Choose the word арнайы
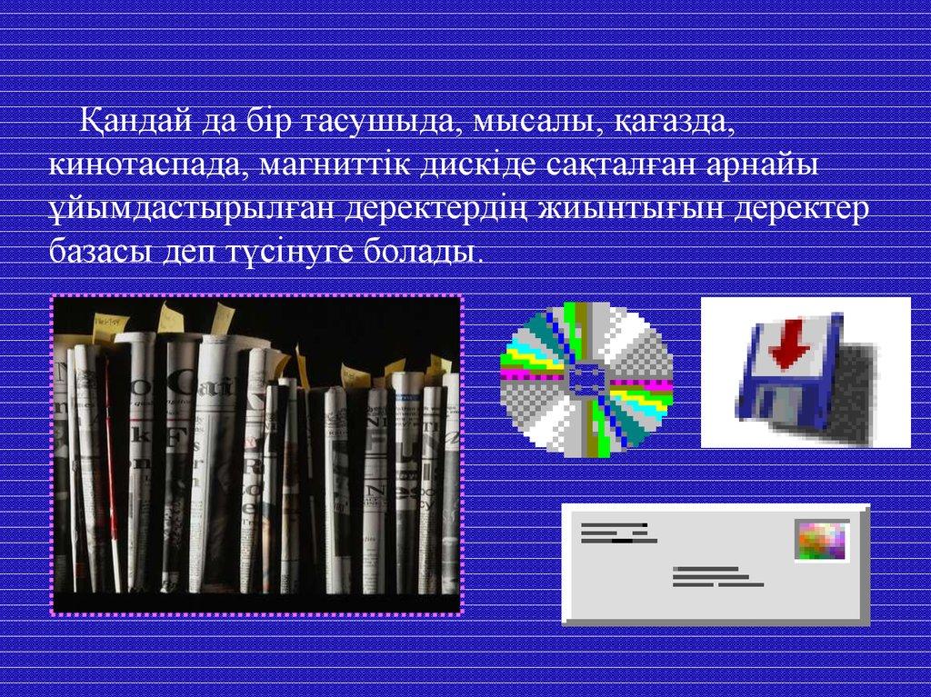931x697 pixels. click(x=763, y=164)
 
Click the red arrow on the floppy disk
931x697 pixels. click(x=790, y=346)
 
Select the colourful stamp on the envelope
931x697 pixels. click(x=822, y=541)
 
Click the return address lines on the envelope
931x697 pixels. click(x=618, y=533)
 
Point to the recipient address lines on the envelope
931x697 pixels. click(x=718, y=576)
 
